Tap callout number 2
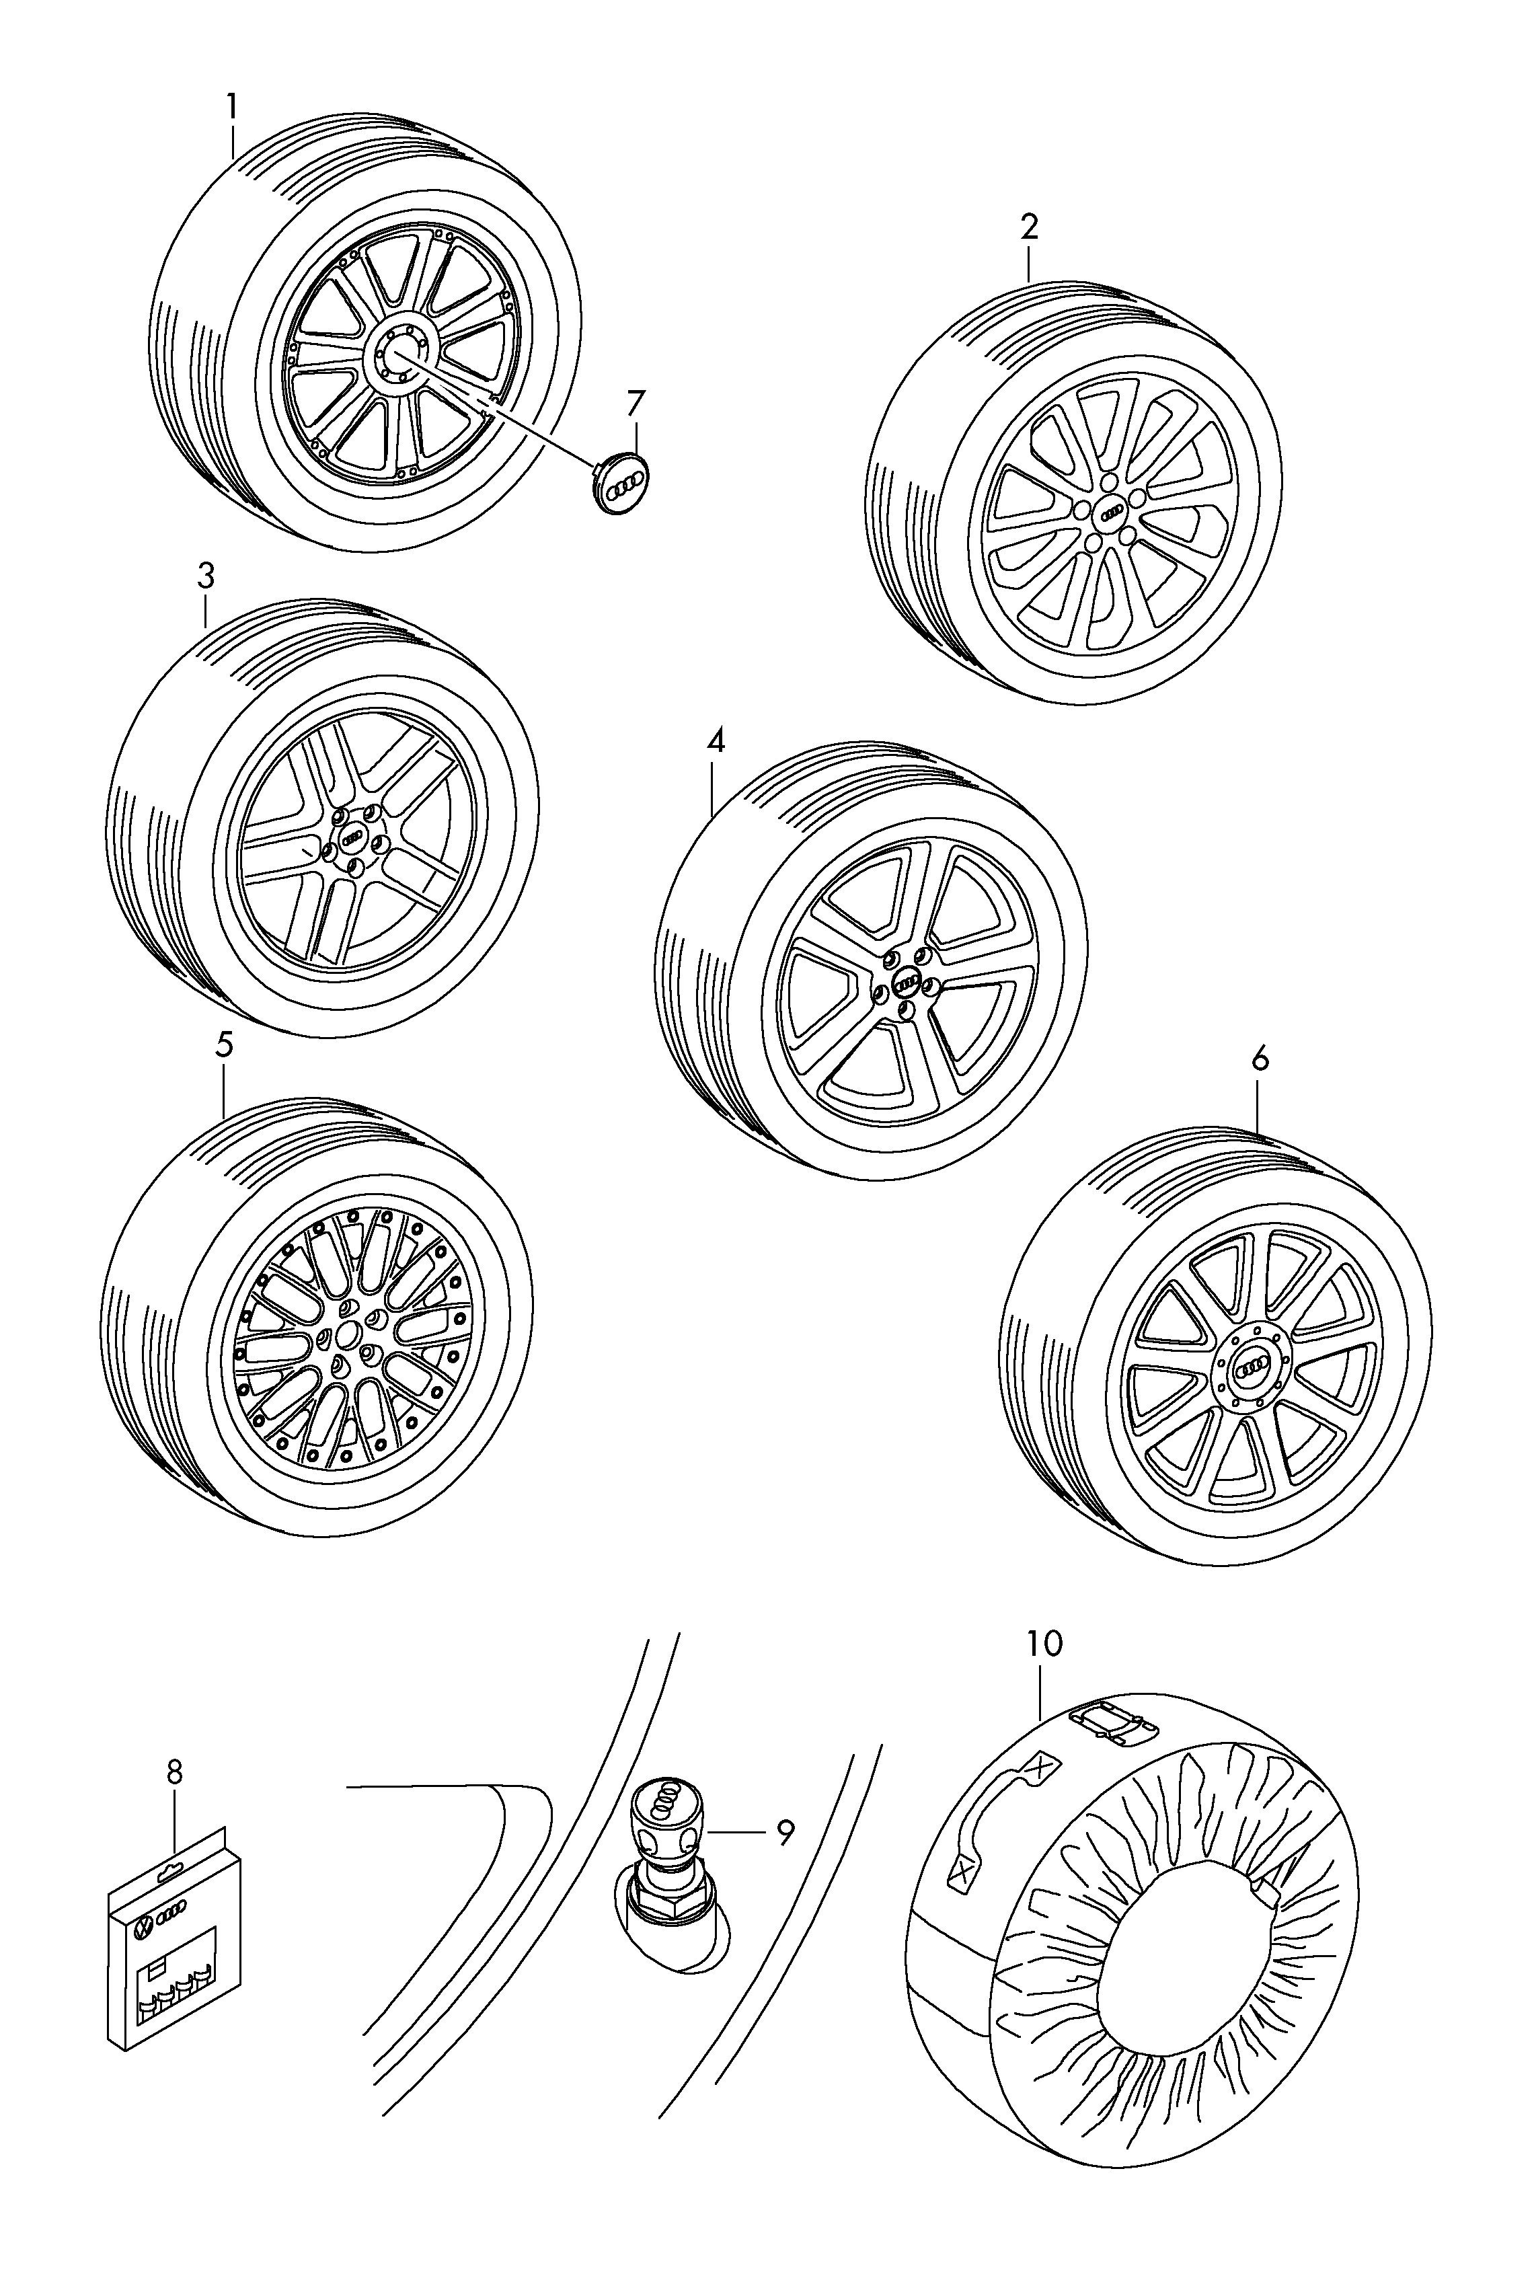1028,227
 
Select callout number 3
205,577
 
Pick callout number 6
1259,1059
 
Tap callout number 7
636,403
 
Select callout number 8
174,1772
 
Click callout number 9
785,1832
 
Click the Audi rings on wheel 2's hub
1112,512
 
